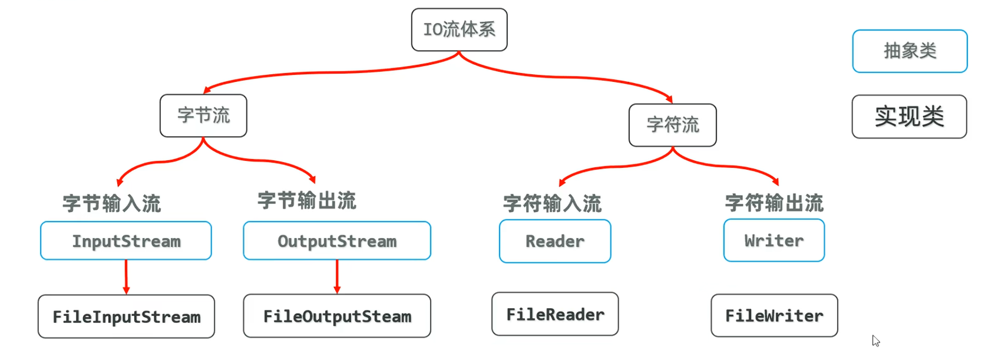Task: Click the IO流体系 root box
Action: click(x=459, y=29)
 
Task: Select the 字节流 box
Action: click(x=203, y=115)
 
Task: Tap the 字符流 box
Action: click(x=672, y=125)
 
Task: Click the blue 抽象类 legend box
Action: click(x=910, y=51)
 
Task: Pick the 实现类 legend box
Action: click(x=909, y=117)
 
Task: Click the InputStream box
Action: click(x=126, y=241)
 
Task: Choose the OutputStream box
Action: click(x=337, y=241)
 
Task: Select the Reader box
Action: click(x=555, y=242)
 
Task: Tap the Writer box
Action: click(x=773, y=240)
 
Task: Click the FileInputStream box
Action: click(x=126, y=317)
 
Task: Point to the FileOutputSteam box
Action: click(x=337, y=316)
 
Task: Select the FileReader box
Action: click(x=555, y=315)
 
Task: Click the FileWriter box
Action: click(x=774, y=316)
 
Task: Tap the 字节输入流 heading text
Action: click(x=112, y=204)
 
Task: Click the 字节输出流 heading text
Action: click(x=307, y=201)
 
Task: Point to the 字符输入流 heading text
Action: click(x=552, y=204)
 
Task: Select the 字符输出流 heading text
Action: click(x=774, y=203)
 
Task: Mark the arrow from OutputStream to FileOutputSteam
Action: click(x=337, y=276)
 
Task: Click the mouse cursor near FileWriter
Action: click(x=875, y=341)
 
